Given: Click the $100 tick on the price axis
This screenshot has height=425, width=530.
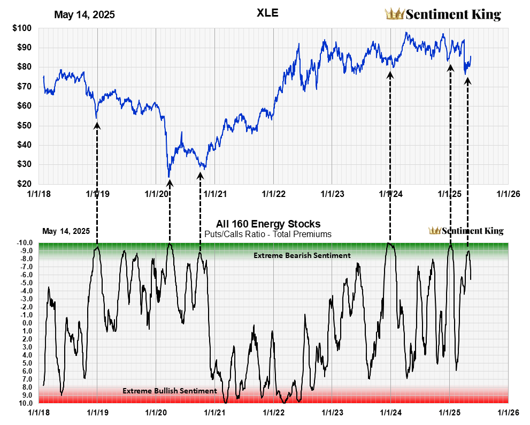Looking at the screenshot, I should pyautogui.click(x=22, y=28).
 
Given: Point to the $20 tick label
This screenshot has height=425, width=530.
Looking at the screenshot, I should pyautogui.click(x=24, y=184).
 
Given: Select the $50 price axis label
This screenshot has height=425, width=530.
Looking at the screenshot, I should pyautogui.click(x=24, y=125).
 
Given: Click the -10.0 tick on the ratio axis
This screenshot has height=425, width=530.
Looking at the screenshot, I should pyautogui.click(x=26, y=242).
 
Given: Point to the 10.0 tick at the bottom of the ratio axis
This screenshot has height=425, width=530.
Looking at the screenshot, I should pyautogui.click(x=27, y=403).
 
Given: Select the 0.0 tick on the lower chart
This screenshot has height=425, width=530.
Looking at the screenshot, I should pyautogui.click(x=28, y=323).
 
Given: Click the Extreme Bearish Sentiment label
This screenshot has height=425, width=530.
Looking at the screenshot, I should pyautogui.click(x=302, y=255).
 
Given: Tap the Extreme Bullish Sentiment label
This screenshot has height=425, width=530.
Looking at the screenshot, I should pyautogui.click(x=170, y=391).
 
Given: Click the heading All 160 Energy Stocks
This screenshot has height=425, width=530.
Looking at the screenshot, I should pyautogui.click(x=268, y=224).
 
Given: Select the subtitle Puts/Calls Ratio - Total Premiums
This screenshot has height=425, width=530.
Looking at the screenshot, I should pyautogui.click(x=268, y=234).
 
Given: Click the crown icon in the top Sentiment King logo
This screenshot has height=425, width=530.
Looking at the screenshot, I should pyautogui.click(x=395, y=14).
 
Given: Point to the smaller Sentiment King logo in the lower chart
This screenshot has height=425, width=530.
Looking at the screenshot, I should pyautogui.click(x=466, y=231).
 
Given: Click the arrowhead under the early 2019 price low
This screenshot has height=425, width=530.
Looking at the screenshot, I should pyautogui.click(x=97, y=126).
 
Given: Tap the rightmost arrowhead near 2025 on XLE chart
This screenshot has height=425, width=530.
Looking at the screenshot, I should pyautogui.click(x=467, y=81).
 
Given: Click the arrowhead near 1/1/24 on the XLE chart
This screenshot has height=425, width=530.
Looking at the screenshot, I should pyautogui.click(x=390, y=75).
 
